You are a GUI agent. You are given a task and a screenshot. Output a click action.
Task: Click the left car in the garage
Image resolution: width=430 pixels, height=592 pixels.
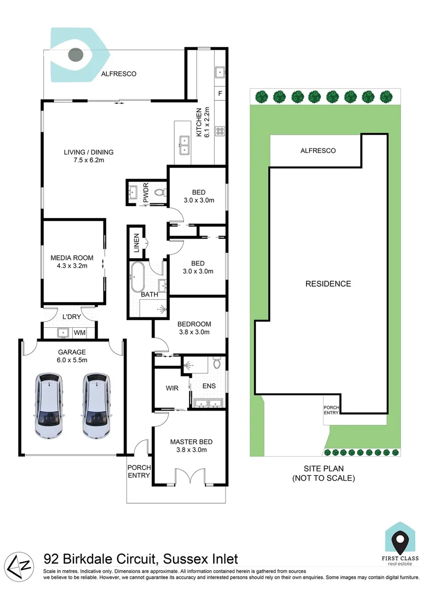point(48,406)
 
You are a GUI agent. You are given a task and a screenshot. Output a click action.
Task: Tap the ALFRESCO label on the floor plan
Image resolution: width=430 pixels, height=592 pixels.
point(118,73)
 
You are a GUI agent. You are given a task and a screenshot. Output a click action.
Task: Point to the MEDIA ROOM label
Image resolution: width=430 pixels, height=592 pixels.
point(72,261)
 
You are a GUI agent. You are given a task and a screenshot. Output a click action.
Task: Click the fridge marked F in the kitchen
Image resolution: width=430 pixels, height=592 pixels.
point(220,94)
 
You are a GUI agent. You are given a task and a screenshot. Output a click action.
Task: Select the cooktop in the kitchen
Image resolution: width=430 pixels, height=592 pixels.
point(220,131)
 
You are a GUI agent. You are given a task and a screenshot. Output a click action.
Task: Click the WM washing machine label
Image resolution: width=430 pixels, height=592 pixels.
point(79,332)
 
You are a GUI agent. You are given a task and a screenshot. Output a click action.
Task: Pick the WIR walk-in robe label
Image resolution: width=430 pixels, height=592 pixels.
point(171,388)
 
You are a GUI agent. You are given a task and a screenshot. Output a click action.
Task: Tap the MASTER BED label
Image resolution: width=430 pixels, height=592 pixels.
point(191,446)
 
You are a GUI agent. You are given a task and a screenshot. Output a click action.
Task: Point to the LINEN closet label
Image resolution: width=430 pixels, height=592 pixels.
point(136,244)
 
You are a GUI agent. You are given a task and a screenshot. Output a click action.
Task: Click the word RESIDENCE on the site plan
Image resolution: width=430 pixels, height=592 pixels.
point(328,283)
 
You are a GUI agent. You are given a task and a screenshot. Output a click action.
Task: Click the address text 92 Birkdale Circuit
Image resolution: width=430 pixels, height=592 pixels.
point(140,559)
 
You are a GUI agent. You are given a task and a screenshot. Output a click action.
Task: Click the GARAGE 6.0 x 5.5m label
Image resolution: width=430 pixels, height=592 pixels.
point(73,356)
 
